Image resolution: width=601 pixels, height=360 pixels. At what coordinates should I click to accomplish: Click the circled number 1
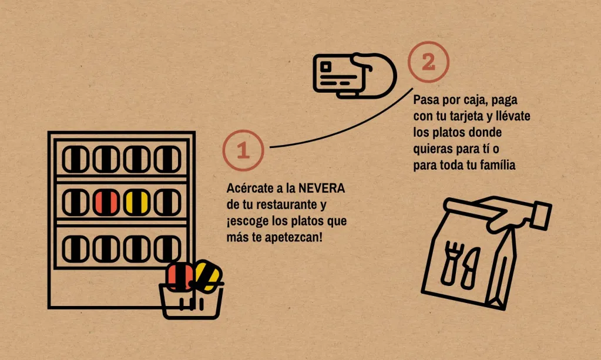coord(243,150)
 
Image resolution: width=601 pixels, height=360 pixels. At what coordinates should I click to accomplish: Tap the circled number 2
coord(428,62)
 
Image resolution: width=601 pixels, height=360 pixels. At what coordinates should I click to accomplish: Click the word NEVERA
coord(321,188)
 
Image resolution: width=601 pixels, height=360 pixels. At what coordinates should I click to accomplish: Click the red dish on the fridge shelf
coord(106,202)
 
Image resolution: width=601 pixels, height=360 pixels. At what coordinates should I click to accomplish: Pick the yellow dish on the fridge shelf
coord(137,202)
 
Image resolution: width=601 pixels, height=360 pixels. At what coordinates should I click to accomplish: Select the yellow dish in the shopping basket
coord(207,275)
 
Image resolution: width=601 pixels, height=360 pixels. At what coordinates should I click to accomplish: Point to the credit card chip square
coord(325,67)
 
